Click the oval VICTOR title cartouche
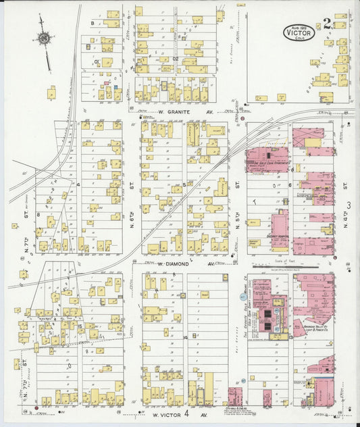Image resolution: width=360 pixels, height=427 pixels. coord(299,32)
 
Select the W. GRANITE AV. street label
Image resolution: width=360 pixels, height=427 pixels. coord(176,111)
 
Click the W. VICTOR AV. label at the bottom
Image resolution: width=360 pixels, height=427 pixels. coord(168,414)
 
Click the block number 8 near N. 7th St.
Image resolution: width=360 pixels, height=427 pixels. coord(48,216)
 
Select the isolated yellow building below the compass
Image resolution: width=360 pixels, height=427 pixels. coord(51,91)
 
